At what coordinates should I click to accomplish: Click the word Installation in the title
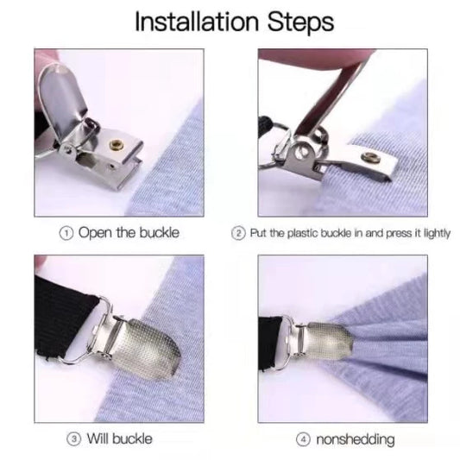[x=197, y=22]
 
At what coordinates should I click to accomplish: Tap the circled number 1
[x=66, y=234]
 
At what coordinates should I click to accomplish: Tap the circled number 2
[x=238, y=234]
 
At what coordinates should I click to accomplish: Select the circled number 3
[x=73, y=439]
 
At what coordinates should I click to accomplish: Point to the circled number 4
[x=303, y=439]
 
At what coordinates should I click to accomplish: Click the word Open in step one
[x=95, y=234]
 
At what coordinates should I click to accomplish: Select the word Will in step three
[x=98, y=439]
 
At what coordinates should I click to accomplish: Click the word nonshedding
[x=356, y=439]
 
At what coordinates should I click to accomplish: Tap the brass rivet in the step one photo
[x=115, y=144]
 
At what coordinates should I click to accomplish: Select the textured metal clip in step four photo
[x=330, y=341]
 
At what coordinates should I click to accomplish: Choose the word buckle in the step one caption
[x=160, y=233]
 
